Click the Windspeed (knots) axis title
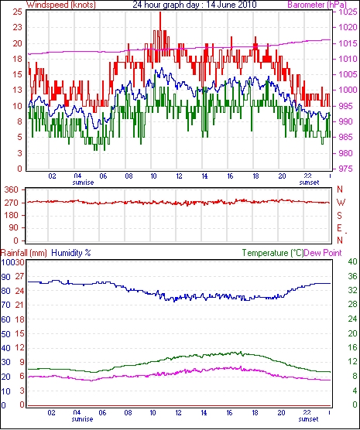pos(61,5)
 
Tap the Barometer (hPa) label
pos(317,5)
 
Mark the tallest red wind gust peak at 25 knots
pos(160,12)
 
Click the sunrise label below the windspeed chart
pos(83,183)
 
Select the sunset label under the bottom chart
pos(308,419)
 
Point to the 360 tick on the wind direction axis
pos(12,189)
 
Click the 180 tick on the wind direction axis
pos(12,215)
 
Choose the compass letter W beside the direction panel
pos(341,203)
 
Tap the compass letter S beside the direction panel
pos(340,216)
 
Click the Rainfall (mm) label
pos(24,253)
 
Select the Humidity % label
pos(71,253)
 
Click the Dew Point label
pos(323,253)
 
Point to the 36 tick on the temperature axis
pos(352,276)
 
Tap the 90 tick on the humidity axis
pos(5,277)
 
